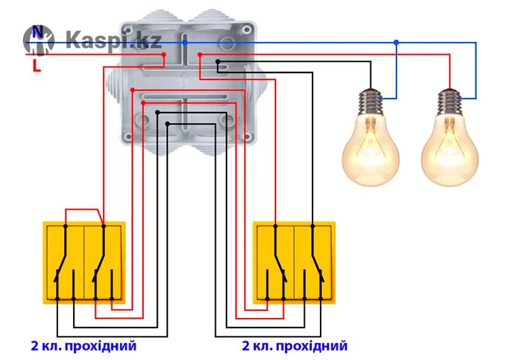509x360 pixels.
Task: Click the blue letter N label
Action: (38, 31)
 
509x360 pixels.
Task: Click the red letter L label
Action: (36, 64)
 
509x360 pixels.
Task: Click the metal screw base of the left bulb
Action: (372, 100)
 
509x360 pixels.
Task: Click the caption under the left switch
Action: (83, 347)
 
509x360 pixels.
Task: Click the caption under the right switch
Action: (295, 347)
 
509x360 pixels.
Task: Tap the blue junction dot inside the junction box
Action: (185, 42)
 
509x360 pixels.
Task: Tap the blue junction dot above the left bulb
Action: (396, 43)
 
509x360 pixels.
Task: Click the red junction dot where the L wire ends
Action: (164, 55)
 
